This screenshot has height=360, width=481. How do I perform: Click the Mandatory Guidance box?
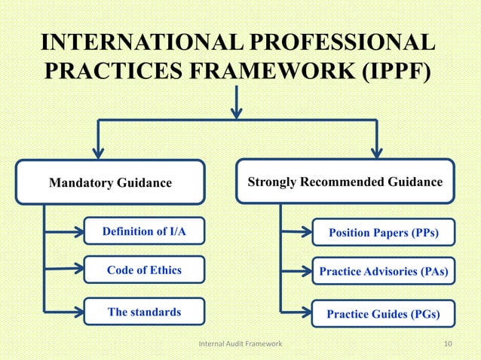coord(110,182)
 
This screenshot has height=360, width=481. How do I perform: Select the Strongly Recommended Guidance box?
coord(345,182)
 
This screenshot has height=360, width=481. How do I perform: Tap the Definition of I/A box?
coord(144,232)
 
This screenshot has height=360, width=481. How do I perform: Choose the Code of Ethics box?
coord(144,270)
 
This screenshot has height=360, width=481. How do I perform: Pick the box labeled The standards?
coord(144,312)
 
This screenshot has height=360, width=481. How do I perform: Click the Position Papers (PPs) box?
coord(383,232)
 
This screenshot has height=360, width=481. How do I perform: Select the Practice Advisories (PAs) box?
coord(383,270)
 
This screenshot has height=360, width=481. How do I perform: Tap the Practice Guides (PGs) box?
coord(383,313)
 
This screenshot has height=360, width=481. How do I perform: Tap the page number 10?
coord(449,344)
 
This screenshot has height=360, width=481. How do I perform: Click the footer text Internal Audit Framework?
coord(240,344)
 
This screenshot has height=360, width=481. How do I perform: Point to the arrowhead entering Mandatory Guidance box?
coord(97,152)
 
